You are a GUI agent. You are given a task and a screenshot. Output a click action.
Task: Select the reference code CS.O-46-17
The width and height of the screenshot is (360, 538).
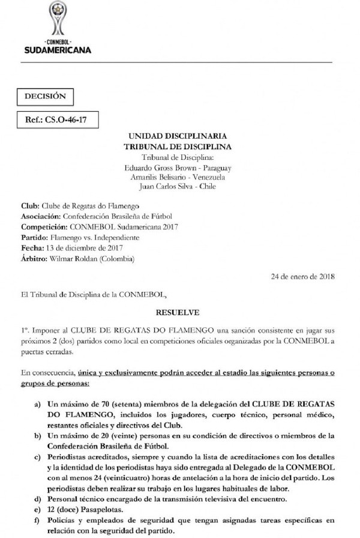pyautogui.click(x=66, y=119)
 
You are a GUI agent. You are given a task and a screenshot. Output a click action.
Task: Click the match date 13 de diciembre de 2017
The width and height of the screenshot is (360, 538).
pyautogui.click(x=77, y=248)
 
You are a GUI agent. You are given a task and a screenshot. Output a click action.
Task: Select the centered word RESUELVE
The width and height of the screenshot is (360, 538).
pyautogui.click(x=177, y=312)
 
